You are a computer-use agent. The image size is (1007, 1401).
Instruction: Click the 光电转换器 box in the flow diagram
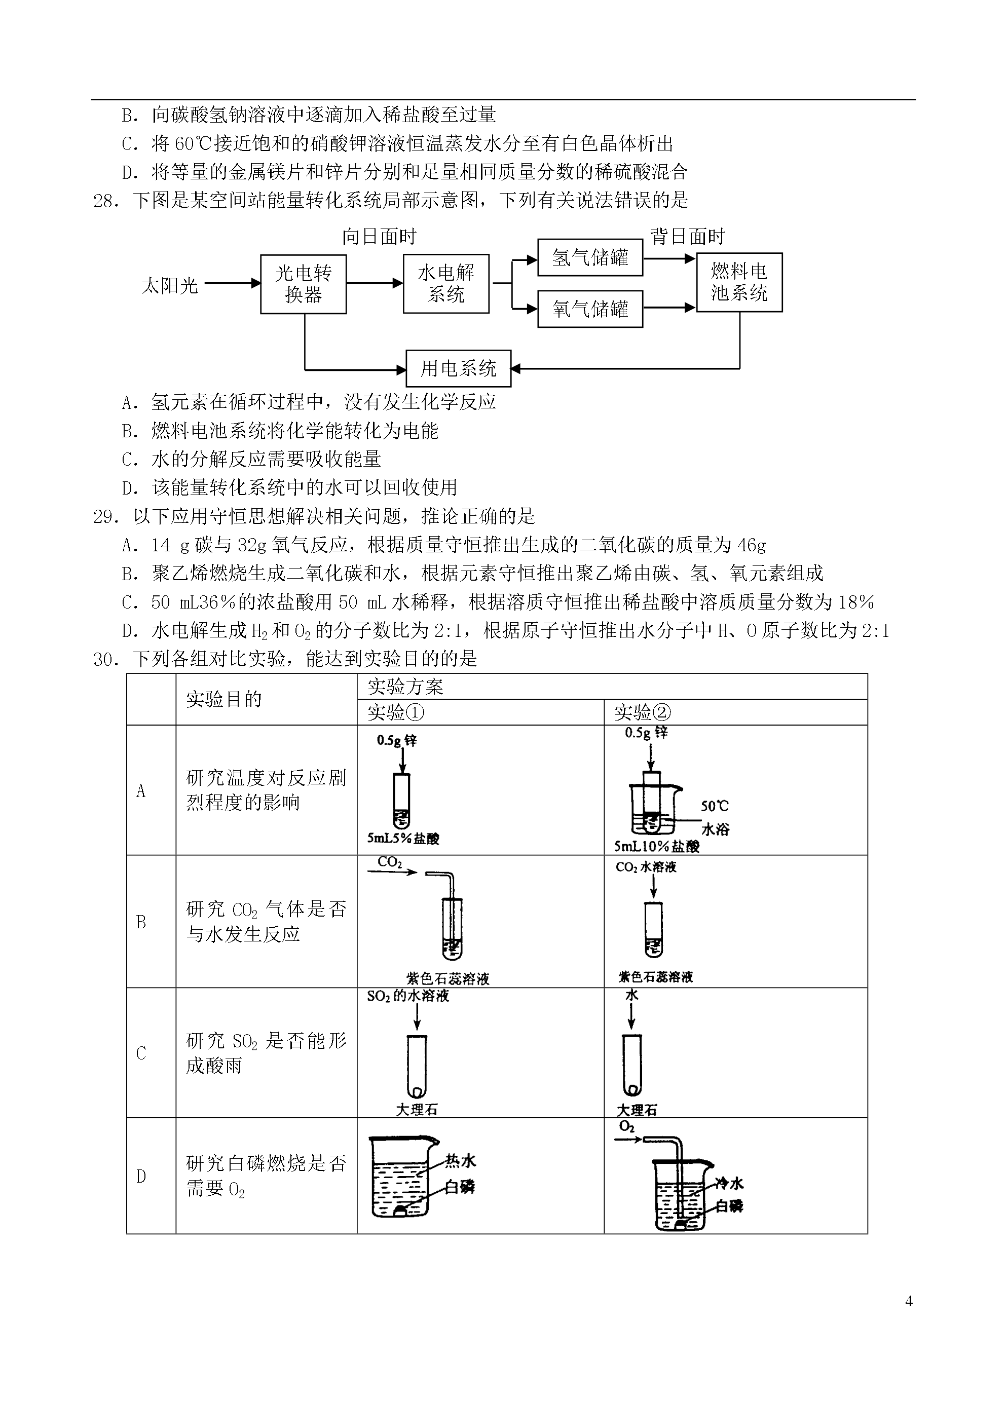coord(304,284)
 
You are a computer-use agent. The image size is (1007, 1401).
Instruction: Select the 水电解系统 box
coord(446,284)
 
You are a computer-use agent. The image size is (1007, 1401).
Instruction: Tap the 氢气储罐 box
coord(590,257)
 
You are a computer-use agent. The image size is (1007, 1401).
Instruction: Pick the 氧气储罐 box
coord(590,309)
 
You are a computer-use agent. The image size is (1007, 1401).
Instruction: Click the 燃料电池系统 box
coord(739,282)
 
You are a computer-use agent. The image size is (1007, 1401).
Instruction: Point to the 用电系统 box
coord(459,369)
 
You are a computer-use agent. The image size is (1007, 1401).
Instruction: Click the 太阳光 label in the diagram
coord(170,285)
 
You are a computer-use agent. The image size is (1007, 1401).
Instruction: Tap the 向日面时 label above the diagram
coord(379,237)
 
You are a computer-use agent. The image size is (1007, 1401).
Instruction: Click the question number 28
coord(105,201)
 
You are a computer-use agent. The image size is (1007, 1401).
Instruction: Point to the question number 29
coord(105,516)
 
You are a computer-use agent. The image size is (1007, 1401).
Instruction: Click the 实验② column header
coord(643,713)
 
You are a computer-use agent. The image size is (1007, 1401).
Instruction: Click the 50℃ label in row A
coord(715,806)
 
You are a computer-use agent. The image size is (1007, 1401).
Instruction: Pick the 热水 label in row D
coord(461,1161)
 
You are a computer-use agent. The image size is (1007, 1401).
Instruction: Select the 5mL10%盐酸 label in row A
coord(657,846)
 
